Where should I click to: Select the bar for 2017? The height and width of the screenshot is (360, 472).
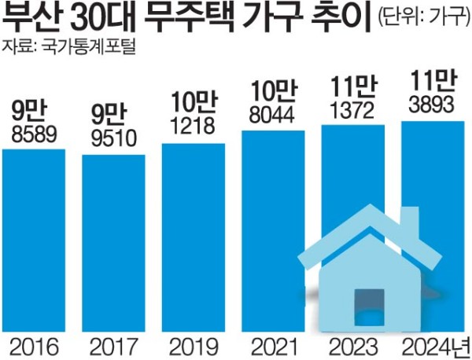coord(114,244)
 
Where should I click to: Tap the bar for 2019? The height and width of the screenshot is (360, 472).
coord(194,236)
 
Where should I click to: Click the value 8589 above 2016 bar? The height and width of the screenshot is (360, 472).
coord(35,135)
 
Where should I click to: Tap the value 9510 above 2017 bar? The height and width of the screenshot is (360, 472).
coord(114,141)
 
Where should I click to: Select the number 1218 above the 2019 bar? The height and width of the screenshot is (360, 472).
coord(194,125)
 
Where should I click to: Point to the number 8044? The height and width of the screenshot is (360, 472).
coord(273,115)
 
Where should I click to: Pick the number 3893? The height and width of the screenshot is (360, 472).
coord(432,104)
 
